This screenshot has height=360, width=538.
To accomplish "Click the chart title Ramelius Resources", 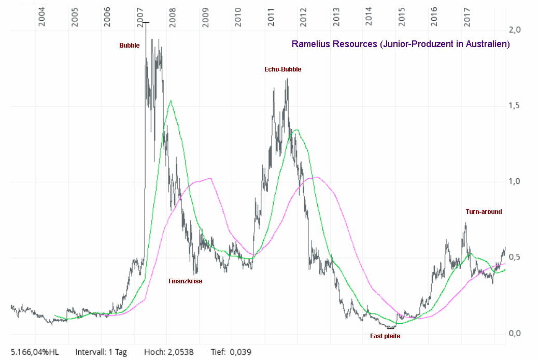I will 401,44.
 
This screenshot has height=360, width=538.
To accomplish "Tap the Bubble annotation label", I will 129,46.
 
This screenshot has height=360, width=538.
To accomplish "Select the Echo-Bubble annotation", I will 282,69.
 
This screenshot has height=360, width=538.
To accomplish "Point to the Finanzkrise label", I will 185,281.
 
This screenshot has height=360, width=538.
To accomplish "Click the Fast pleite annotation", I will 385,336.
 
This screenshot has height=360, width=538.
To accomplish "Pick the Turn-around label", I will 484,212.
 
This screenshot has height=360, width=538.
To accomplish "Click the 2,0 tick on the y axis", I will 515,30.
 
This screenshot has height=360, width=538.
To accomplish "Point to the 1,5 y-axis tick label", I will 515,106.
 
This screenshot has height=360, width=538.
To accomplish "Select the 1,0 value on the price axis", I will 515,181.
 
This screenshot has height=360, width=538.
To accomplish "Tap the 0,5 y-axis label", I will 515,257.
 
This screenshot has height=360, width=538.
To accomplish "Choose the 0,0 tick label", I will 515,333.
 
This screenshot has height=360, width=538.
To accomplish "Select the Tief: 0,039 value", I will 232,352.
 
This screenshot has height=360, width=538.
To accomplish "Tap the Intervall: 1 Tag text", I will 101,352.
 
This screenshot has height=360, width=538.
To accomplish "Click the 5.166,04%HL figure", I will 35,352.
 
